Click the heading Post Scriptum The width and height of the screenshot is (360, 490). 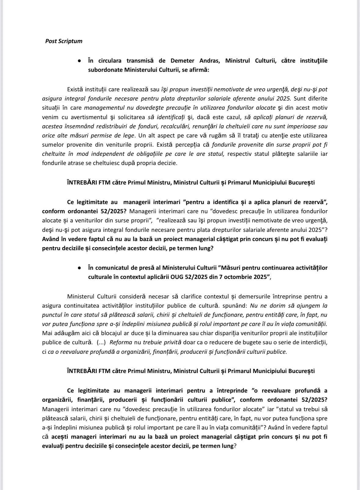coord(64,41)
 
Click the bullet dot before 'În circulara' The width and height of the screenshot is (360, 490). coord(79,61)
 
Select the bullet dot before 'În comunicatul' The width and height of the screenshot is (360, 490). coord(79,268)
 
